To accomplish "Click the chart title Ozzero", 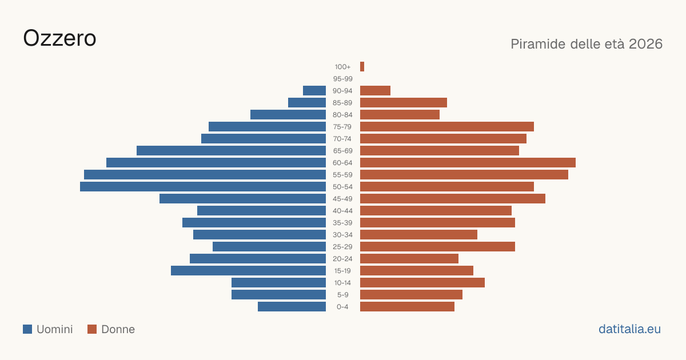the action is click(59, 38).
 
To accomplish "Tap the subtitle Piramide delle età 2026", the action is click(587, 44).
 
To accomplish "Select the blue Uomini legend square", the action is click(27, 329).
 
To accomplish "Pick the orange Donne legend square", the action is click(92, 329).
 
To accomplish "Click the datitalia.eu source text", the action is click(629, 329).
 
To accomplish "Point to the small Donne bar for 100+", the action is click(362, 67).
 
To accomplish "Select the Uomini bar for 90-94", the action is click(314, 91).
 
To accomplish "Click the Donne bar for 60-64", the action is click(468, 162).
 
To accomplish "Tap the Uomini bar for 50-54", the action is click(203, 187).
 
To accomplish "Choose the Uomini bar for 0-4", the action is click(292, 307).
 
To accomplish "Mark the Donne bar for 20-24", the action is click(409, 259).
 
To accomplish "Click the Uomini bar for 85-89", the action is click(307, 102).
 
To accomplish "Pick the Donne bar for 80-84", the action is click(400, 115).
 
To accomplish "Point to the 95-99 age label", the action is click(342, 79).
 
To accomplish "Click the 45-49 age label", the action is click(342, 199).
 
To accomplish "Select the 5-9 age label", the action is click(342, 295).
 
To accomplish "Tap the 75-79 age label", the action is click(342, 127).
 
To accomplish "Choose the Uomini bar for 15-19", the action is click(248, 271).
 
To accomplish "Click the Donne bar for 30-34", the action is click(418, 235).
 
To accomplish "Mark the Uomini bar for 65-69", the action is click(231, 151).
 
